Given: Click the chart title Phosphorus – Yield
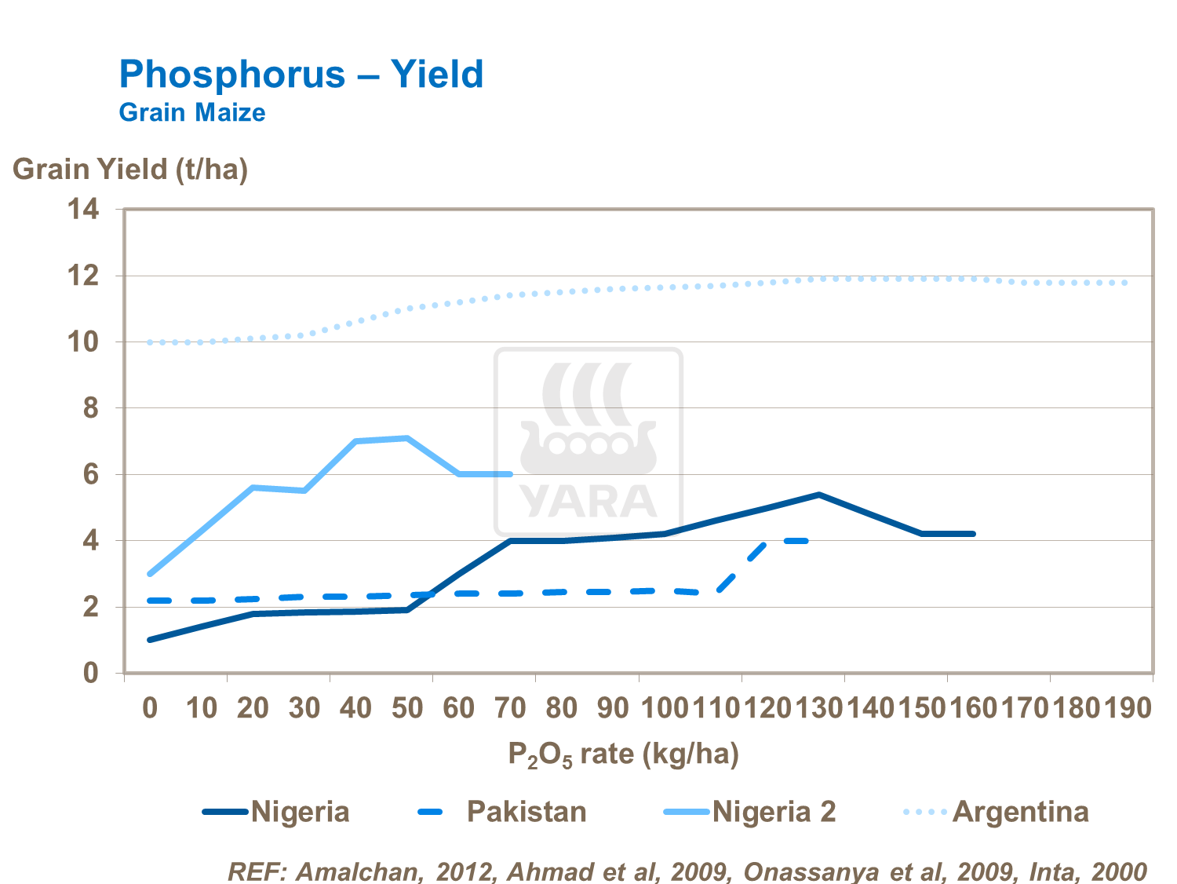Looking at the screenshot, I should click(x=301, y=75).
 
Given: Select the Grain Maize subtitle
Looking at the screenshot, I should click(x=192, y=112).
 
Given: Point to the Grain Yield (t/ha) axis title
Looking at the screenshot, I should click(x=130, y=169).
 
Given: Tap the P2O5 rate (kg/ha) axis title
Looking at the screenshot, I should click(x=624, y=754).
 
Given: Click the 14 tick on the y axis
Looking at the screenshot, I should click(x=83, y=210).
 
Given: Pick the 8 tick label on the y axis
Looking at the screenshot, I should click(x=91, y=408).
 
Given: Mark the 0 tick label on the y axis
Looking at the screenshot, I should click(x=91, y=673).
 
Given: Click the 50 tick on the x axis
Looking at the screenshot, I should click(x=407, y=708).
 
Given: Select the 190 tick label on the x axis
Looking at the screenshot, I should click(x=1128, y=708).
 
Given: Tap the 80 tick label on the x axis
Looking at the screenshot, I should click(x=562, y=708).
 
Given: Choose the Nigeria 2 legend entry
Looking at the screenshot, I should click(x=774, y=811).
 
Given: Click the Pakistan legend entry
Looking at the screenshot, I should click(x=527, y=811).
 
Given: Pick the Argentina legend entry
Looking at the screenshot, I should click(x=1020, y=811).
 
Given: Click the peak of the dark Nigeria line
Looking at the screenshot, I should click(x=818, y=495).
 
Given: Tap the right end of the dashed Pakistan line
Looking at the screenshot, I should click(x=806, y=540).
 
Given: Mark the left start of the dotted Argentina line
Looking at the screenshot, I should click(x=149, y=342).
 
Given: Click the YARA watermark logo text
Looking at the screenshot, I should click(x=588, y=502).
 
